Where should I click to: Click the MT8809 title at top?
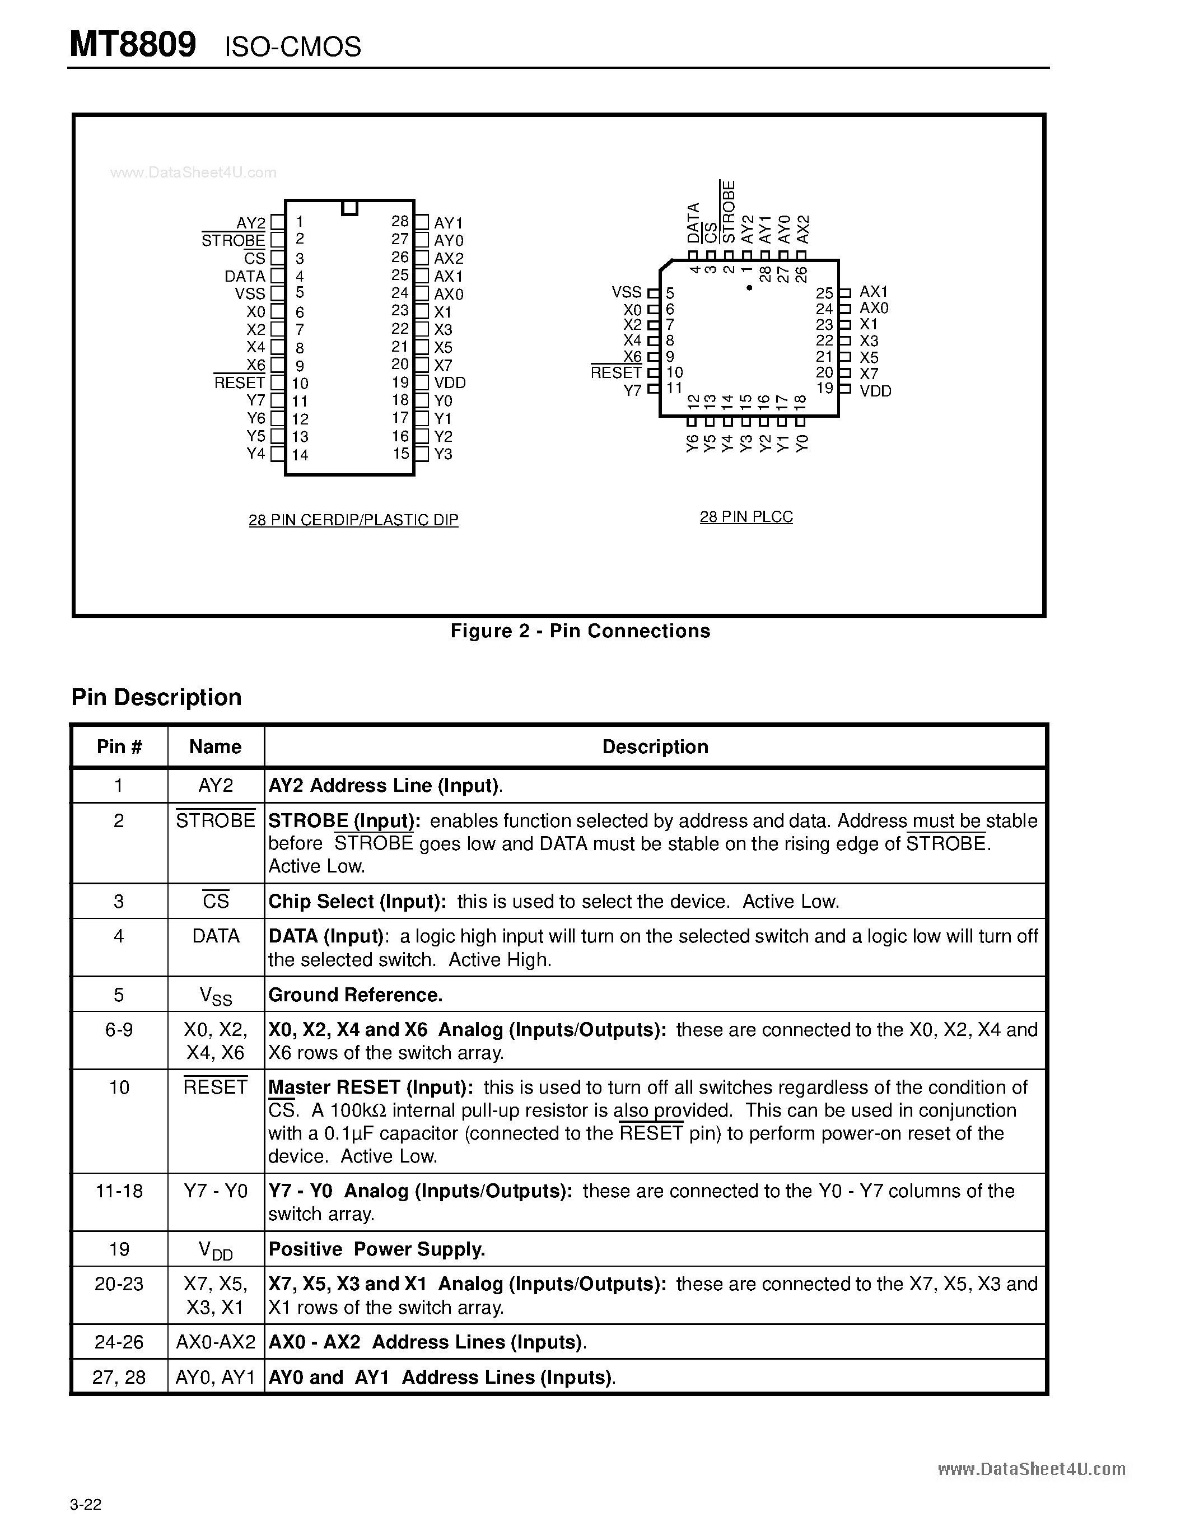(133, 45)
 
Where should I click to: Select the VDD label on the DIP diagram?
(450, 383)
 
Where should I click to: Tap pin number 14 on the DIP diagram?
(300, 455)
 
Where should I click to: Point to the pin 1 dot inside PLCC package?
(749, 288)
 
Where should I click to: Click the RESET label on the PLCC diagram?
(615, 372)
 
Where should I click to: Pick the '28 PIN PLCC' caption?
(746, 517)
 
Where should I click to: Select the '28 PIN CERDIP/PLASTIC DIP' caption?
(353, 520)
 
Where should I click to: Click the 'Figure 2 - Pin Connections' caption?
(580, 631)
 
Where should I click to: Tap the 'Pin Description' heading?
(156, 697)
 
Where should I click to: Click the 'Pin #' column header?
(119, 746)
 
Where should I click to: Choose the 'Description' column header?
(655, 746)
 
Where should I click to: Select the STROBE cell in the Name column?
(215, 821)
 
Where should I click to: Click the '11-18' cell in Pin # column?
(119, 1191)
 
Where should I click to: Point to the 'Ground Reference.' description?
(355, 995)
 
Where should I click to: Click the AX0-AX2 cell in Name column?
(215, 1342)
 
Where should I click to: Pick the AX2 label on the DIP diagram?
(449, 259)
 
